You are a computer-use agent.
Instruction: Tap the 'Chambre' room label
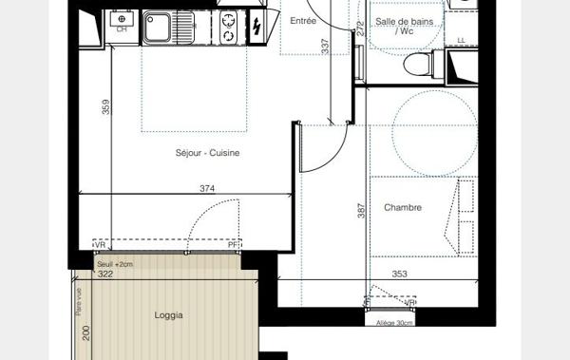403,208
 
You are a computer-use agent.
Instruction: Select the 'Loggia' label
167,315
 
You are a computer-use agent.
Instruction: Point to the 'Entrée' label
304,20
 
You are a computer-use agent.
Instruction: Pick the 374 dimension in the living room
207,188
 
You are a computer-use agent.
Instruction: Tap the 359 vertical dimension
105,109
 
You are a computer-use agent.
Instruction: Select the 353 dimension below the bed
399,275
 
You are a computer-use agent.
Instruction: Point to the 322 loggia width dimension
104,275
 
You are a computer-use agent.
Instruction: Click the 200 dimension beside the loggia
85,333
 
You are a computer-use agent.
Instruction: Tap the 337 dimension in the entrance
325,46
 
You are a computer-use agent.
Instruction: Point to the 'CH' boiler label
122,29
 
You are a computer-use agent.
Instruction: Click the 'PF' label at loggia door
233,246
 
